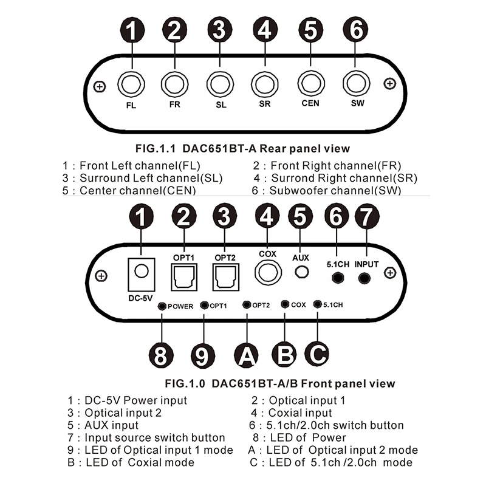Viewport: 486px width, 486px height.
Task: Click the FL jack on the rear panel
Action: (x=130, y=84)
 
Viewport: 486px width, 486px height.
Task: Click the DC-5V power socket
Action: (x=141, y=272)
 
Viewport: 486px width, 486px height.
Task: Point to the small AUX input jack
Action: (x=299, y=273)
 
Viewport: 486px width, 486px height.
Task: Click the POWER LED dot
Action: (x=162, y=306)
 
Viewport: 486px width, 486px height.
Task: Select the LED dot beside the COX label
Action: (x=285, y=304)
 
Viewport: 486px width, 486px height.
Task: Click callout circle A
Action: (x=246, y=354)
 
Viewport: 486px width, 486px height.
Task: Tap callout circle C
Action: (x=317, y=352)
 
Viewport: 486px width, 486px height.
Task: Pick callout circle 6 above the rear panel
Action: (x=357, y=29)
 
